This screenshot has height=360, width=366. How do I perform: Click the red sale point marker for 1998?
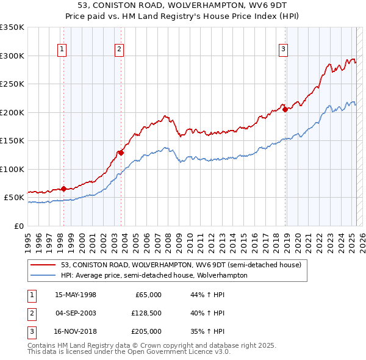[63, 189]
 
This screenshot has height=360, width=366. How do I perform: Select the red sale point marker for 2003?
[121, 153]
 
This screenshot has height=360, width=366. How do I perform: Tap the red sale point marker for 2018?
[285, 110]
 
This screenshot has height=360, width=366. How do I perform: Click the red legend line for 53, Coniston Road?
[44, 265]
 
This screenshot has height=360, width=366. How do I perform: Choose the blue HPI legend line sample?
[44, 276]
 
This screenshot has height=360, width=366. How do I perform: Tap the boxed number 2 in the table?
[31, 314]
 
